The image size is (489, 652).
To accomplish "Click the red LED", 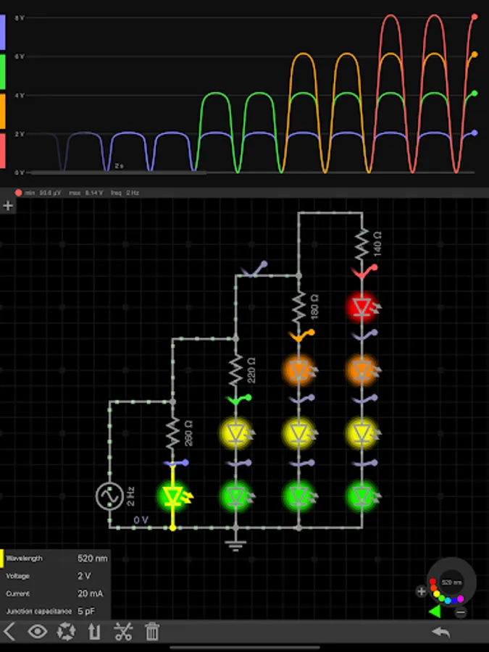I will click(361, 307).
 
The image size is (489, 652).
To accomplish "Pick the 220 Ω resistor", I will click(235, 372).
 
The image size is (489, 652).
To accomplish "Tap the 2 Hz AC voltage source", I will click(109, 496).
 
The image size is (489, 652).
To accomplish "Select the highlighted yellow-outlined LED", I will click(172, 496).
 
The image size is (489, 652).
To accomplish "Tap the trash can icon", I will click(152, 632).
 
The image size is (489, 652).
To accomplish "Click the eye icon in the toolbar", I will click(38, 632).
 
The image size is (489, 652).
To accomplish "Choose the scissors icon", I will click(123, 632).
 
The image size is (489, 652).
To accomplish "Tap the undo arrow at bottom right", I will click(440, 632).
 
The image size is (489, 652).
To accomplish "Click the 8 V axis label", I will click(22, 17).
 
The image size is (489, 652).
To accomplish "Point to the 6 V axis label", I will click(22, 56).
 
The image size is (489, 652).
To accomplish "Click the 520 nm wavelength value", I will click(92, 559).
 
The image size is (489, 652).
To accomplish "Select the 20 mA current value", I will click(90, 593).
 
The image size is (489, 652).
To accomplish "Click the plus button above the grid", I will click(8, 206).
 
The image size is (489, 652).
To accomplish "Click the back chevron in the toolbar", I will click(9, 632).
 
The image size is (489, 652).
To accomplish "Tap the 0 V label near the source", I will click(141, 520).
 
